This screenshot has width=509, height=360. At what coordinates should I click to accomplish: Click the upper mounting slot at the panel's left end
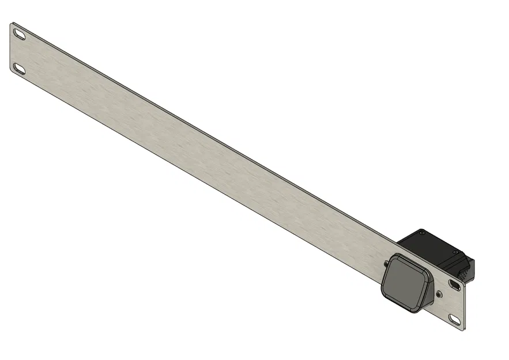20,35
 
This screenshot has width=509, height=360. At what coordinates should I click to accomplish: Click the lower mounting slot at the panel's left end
20,69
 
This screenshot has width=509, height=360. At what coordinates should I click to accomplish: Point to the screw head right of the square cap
440,294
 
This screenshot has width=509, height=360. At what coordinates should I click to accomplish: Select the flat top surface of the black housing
429,242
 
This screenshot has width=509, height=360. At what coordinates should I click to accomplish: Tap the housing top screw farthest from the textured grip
423,233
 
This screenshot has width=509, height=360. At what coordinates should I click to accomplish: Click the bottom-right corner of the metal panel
462,329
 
